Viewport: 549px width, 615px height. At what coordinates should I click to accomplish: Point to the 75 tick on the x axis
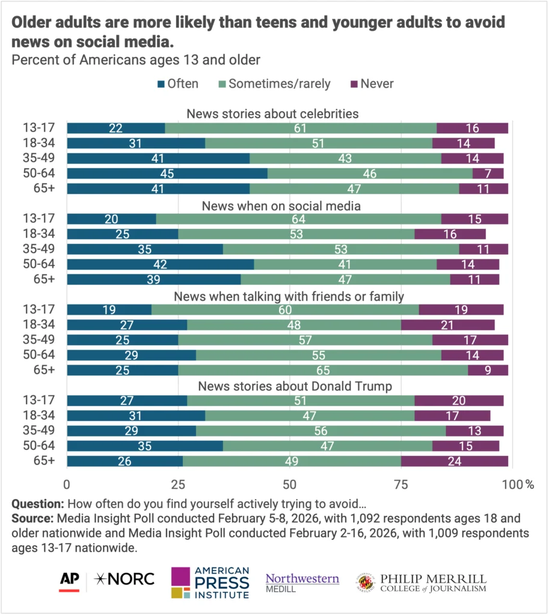[x=401, y=484]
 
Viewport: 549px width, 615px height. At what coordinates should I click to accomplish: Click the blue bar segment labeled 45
[x=167, y=174]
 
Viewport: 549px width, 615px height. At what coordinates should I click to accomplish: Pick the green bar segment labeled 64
[x=298, y=219]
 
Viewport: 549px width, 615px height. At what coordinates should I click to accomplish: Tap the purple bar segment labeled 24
[x=455, y=461]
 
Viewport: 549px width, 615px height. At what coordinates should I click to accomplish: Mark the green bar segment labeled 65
[x=323, y=370]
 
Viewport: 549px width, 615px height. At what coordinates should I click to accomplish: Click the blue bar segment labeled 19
[x=109, y=310]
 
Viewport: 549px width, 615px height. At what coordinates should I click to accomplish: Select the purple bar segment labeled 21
[x=448, y=325]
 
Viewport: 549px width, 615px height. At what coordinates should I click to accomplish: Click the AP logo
[x=70, y=580]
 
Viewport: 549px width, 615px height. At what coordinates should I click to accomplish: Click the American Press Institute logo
[x=210, y=583]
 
